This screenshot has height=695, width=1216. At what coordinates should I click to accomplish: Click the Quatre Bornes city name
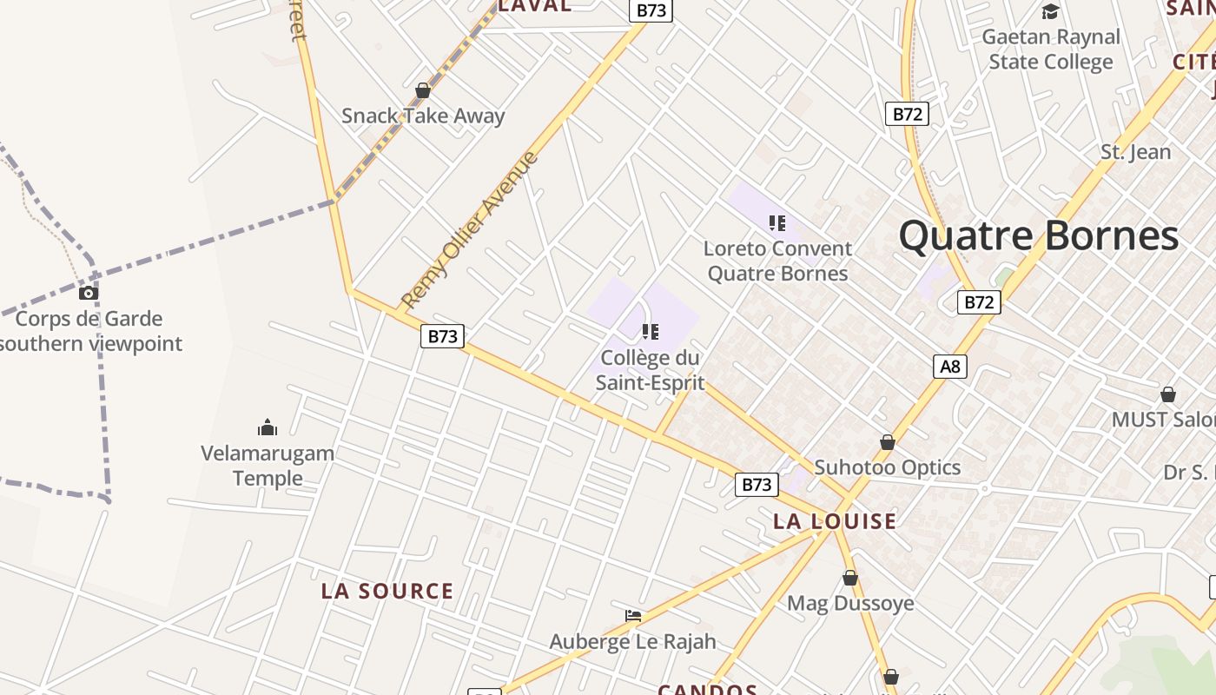1038,236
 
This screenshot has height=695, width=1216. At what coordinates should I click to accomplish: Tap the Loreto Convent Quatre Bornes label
777,261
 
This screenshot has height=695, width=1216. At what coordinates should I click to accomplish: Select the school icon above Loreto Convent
777,223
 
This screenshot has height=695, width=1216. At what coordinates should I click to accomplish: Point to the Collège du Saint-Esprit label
650,369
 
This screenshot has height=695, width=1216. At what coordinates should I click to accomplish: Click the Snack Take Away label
423,116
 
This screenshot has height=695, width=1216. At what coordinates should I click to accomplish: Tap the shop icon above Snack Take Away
423,90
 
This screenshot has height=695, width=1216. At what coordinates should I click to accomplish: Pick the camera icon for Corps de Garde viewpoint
89,293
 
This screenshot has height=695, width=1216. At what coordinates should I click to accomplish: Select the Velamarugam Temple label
268,466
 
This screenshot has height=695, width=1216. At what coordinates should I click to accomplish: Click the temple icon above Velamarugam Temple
268,427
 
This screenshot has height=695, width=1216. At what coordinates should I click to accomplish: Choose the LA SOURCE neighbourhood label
387,592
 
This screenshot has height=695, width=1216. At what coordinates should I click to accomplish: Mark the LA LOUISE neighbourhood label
835,521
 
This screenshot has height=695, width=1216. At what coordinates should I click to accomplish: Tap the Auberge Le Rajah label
633,642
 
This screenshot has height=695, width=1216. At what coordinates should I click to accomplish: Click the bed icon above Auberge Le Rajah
633,616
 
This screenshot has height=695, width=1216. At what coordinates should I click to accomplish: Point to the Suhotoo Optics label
887,467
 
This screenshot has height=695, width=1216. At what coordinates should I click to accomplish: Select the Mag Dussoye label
850,603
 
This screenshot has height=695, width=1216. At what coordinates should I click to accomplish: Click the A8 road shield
951,367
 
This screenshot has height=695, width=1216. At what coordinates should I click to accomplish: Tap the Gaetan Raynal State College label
1051,50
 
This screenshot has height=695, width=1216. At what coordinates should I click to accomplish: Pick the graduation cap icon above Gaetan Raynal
1051,12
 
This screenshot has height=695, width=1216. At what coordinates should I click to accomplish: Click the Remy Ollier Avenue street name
469,230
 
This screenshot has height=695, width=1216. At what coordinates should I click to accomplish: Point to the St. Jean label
1136,152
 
